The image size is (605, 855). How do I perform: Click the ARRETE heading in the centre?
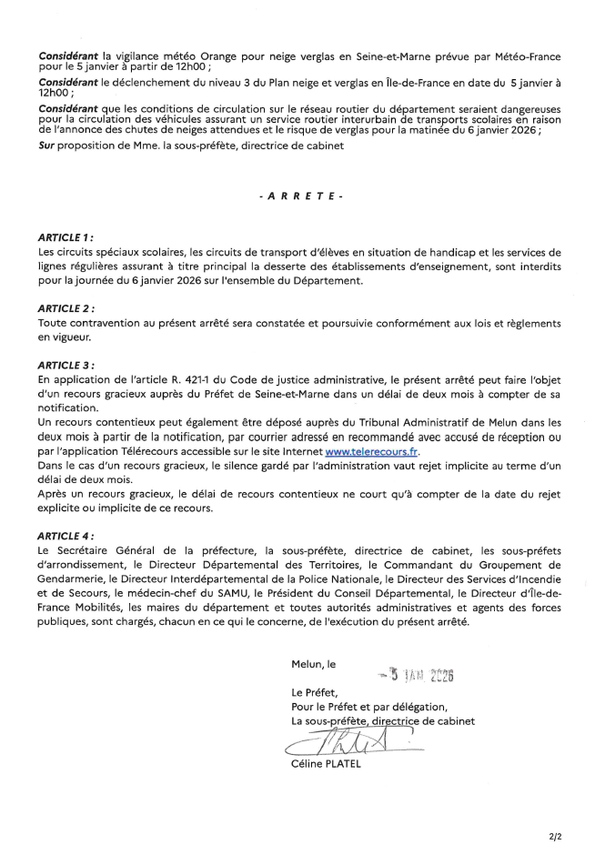coord(301,196)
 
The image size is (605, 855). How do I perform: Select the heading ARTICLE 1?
coord(66,236)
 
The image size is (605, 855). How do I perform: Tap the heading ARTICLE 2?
coord(67,308)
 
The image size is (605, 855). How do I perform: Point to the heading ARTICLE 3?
coord(67,365)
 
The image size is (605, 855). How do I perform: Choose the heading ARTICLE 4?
coord(67,537)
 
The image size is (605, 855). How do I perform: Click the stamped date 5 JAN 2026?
coord(418,675)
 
